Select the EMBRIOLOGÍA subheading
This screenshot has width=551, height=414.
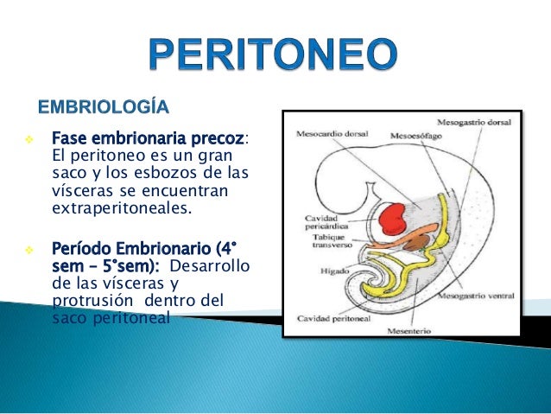[102, 107]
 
